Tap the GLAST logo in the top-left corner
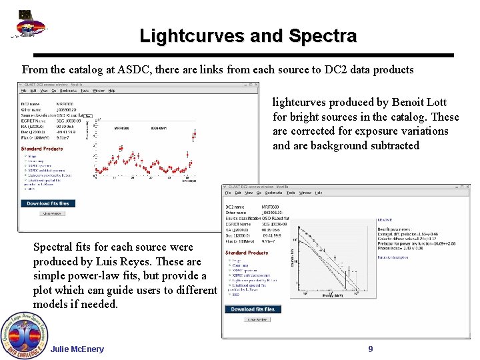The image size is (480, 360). [27, 26]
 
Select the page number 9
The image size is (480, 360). [371, 349]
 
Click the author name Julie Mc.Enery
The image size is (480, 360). [77, 349]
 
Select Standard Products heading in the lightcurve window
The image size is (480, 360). [41, 149]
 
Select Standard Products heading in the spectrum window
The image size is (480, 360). [247, 253]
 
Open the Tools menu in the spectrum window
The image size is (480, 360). [291, 193]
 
